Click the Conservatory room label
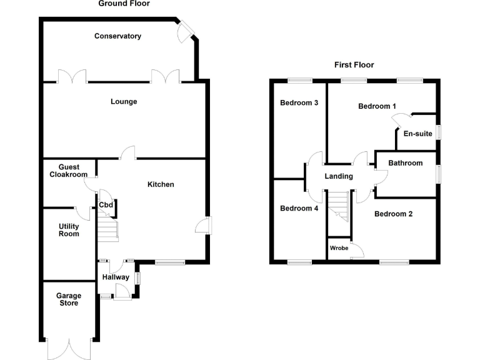(x=117, y=36)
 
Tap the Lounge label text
(x=124, y=102)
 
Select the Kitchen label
(x=161, y=184)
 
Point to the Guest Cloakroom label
(x=69, y=171)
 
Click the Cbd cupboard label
(x=106, y=205)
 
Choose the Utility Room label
(x=69, y=229)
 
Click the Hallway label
(x=116, y=277)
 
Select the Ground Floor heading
(x=124, y=4)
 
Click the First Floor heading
(x=354, y=64)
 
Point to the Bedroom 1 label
(x=377, y=106)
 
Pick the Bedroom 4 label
(x=299, y=208)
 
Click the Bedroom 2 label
(x=393, y=214)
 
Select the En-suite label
(x=417, y=133)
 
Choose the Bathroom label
(x=405, y=163)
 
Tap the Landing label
(x=338, y=176)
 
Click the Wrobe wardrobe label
(x=339, y=248)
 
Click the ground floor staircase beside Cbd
(x=107, y=229)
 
